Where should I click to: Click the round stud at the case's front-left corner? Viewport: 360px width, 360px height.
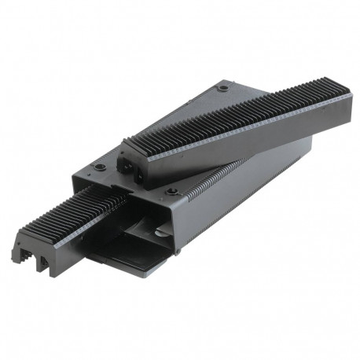click(x=100, y=167)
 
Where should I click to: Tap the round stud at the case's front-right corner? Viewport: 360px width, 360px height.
click(x=172, y=191)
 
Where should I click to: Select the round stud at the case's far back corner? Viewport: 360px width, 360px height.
click(x=225, y=88)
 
